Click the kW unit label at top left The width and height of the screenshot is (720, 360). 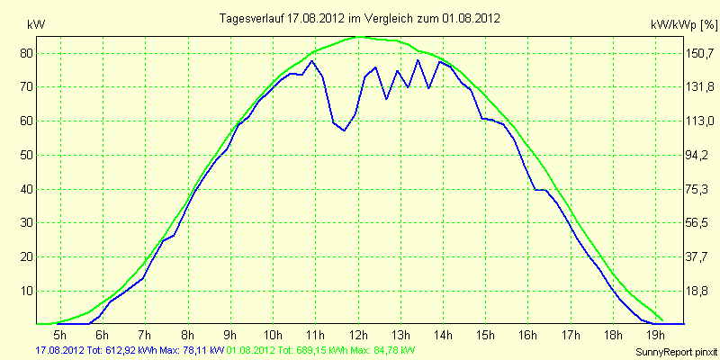[x=36, y=26]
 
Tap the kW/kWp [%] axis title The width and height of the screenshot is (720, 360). [x=684, y=25]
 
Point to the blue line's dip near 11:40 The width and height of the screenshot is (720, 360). [x=344, y=130]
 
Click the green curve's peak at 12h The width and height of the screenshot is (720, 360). [x=361, y=37]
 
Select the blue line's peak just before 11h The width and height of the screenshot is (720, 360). [x=311, y=60]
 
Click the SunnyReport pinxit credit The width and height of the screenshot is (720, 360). [x=676, y=352]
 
